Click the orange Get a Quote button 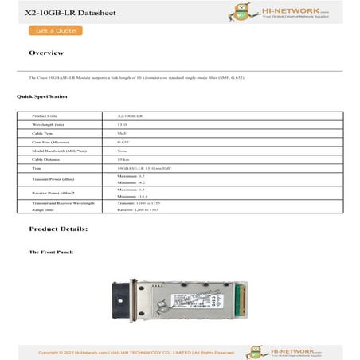(x=55, y=31)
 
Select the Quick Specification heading (x=41, y=96)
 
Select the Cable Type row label (x=42, y=133)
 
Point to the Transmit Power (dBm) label (x=53, y=179)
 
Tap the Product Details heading (x=58, y=229)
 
